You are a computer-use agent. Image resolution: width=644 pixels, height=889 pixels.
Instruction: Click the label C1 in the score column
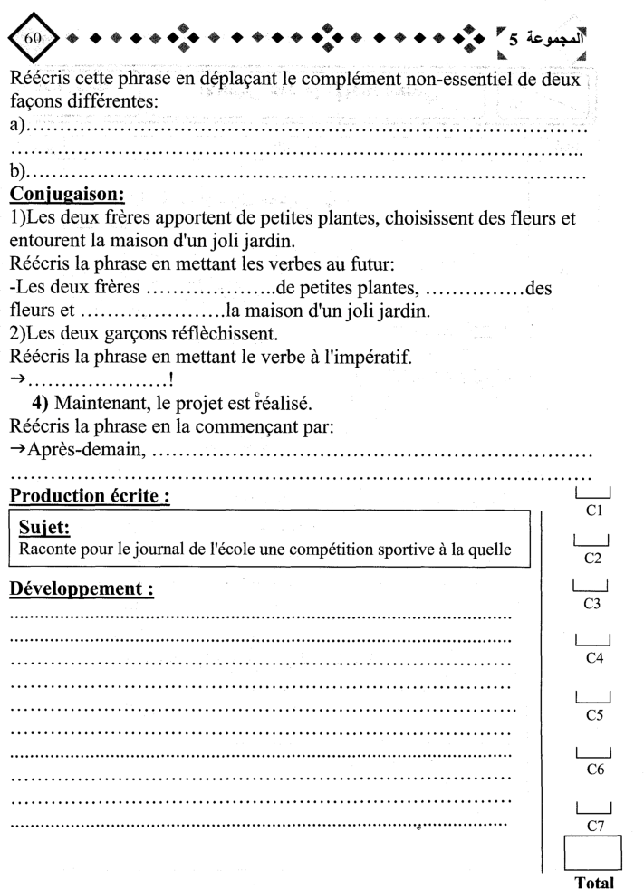point(594,512)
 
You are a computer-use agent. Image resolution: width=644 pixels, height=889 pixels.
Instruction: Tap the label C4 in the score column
point(594,658)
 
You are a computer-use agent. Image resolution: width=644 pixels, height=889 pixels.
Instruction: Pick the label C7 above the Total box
point(595,826)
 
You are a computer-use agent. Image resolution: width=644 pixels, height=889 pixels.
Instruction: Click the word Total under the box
point(594,882)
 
